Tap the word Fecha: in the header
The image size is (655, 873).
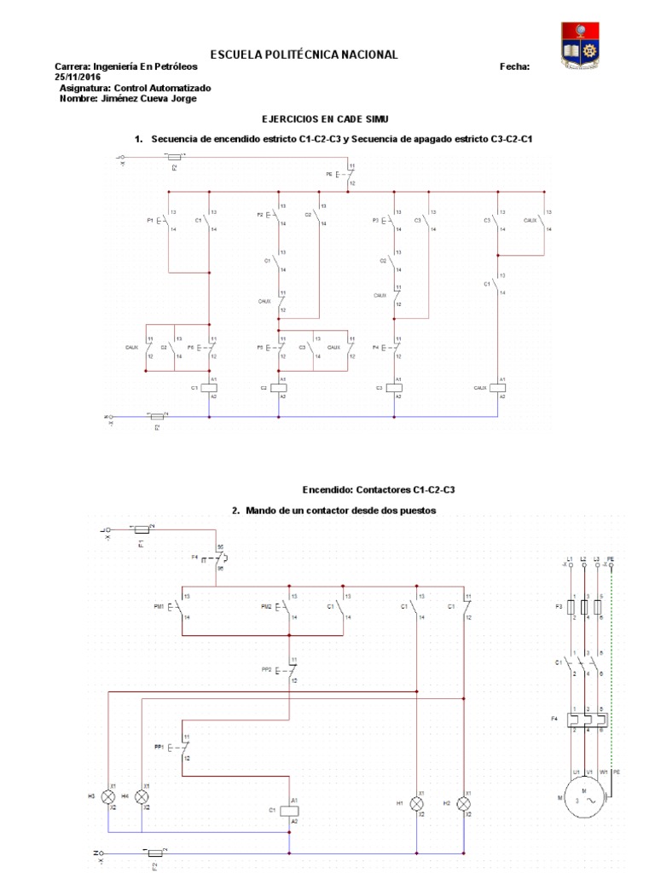pyautogui.click(x=514, y=66)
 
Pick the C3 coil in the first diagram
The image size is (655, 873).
pyautogui.click(x=394, y=388)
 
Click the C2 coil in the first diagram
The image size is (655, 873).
pyautogui.click(x=278, y=388)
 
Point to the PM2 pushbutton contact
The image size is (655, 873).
pyautogui.click(x=288, y=606)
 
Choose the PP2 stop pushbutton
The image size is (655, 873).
pyautogui.click(x=288, y=670)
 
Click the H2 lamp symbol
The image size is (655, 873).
pyautogui.click(x=464, y=803)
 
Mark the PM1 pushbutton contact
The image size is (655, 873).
pyautogui.click(x=181, y=606)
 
